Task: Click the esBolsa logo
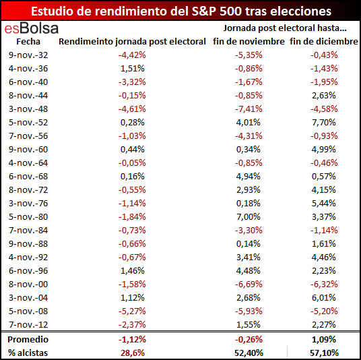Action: (x=32, y=28)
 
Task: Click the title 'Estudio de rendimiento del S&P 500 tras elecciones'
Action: (x=181, y=11)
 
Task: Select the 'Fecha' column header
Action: (x=28, y=42)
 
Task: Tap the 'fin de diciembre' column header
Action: (x=324, y=42)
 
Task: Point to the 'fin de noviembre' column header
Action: (x=249, y=42)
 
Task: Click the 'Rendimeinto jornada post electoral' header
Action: (x=132, y=42)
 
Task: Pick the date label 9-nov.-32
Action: (x=28, y=55)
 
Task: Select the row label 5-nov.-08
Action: (x=28, y=311)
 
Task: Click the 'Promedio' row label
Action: (x=28, y=340)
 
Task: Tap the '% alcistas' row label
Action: (x=28, y=353)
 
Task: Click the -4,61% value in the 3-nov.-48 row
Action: (x=132, y=109)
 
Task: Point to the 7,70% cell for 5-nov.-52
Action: (x=324, y=123)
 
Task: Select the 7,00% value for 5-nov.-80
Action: (x=249, y=217)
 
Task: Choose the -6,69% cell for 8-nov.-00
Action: (x=249, y=284)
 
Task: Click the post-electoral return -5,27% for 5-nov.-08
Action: (x=132, y=311)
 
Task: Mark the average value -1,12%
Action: (x=132, y=340)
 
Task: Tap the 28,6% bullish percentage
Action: (x=133, y=353)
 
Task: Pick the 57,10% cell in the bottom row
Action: (x=324, y=353)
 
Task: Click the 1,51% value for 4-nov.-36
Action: (x=133, y=69)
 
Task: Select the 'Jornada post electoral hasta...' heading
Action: (x=285, y=28)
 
